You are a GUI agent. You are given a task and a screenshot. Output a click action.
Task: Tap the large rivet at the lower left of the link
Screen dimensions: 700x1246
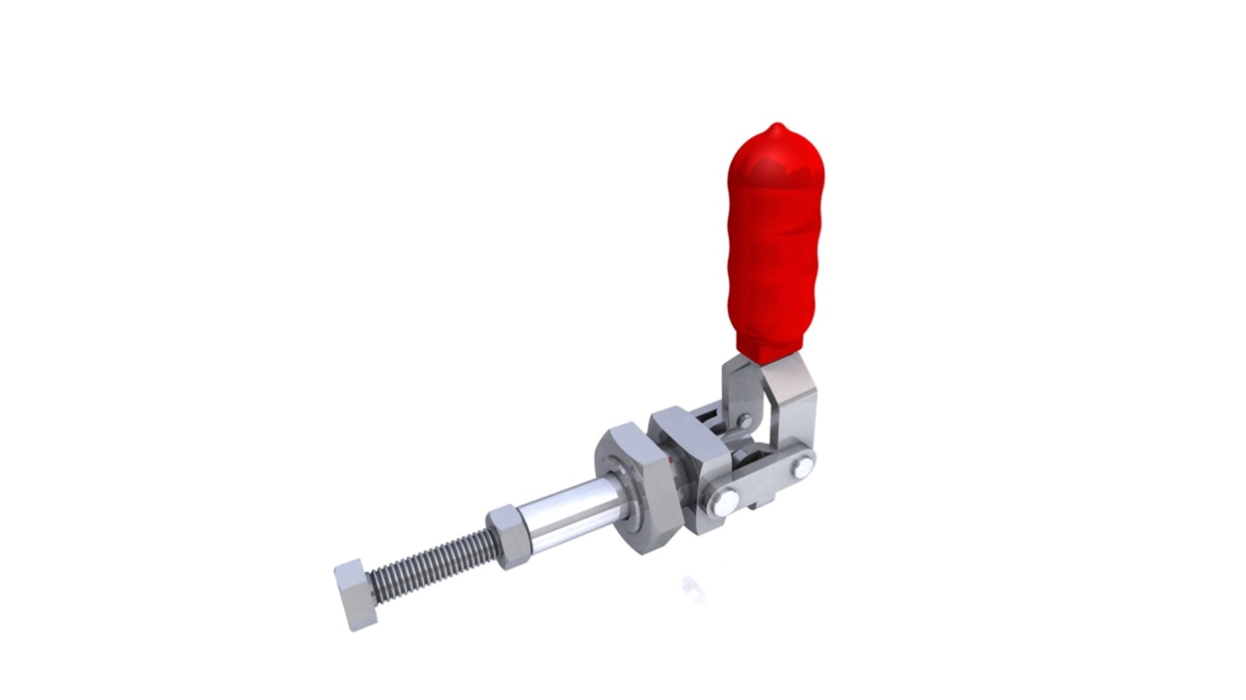pos(725,503)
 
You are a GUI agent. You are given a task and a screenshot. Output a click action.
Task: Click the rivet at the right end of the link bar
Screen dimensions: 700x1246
pos(802,467)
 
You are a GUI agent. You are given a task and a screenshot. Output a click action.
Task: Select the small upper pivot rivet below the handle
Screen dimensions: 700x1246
pos(744,422)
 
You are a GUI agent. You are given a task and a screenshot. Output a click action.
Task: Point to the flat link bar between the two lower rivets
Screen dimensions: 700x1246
pos(763,485)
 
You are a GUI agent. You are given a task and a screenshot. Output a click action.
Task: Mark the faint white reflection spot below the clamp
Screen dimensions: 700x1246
pos(693,589)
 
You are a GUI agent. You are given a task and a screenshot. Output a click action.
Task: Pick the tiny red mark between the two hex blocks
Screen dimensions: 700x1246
pos(671,460)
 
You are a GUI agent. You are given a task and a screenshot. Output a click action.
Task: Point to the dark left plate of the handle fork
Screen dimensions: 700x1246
pos(735,386)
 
